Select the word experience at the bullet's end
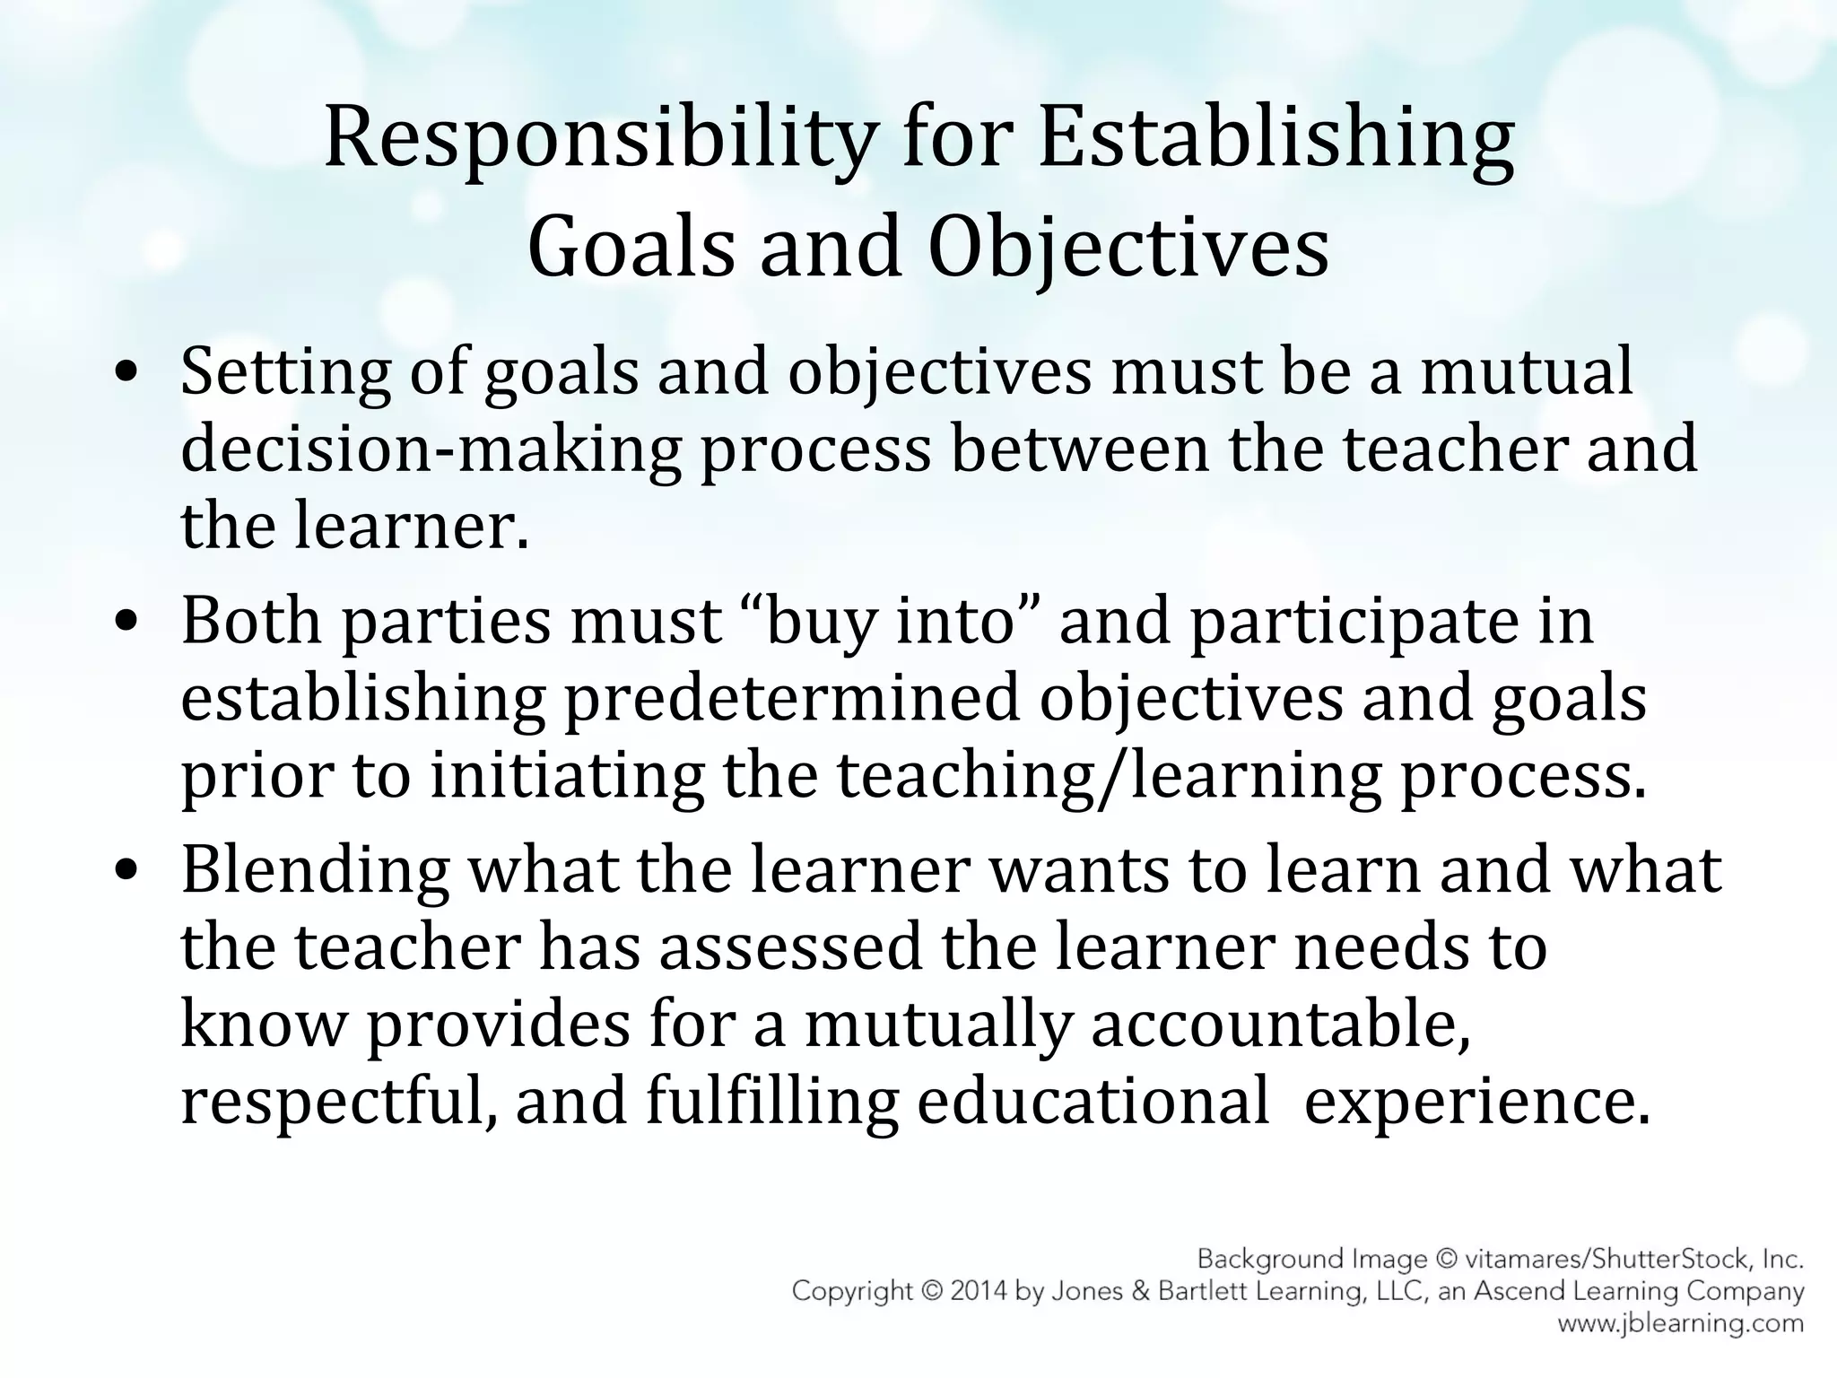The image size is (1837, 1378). point(1476,1101)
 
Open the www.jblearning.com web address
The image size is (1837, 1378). point(1680,1323)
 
